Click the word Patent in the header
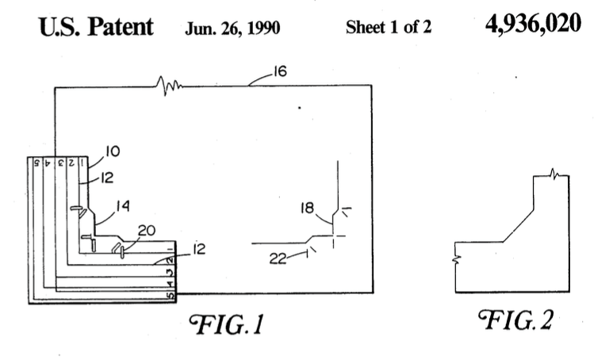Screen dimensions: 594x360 click(x=121, y=27)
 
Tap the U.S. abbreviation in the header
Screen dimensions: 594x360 click(x=59, y=27)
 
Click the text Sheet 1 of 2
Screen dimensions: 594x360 click(x=389, y=27)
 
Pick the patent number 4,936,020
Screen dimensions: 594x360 click(x=533, y=24)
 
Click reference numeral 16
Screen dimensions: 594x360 click(x=280, y=71)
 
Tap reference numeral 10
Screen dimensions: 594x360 click(x=113, y=151)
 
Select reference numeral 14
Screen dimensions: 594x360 click(x=123, y=206)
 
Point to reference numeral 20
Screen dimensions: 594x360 click(x=147, y=230)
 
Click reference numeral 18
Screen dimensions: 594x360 click(x=307, y=208)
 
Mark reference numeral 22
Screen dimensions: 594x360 click(x=278, y=259)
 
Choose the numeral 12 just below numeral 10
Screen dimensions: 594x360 click(x=107, y=178)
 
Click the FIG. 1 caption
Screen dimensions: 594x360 click(x=227, y=324)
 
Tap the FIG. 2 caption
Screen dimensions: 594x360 click(x=515, y=320)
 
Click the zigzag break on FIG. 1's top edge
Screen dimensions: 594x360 click(x=169, y=86)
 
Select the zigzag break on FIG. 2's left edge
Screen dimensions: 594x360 click(x=457, y=259)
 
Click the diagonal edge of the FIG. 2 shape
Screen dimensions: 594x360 click(x=518, y=225)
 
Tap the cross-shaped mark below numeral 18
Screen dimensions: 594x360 click(x=334, y=236)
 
